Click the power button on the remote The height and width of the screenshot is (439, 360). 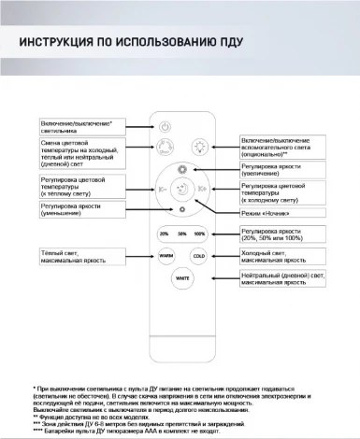coord(165,127)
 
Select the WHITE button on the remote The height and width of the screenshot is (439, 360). coord(182,277)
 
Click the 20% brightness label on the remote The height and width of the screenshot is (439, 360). coord(165,233)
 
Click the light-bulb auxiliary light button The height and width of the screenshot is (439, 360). coord(199,147)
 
